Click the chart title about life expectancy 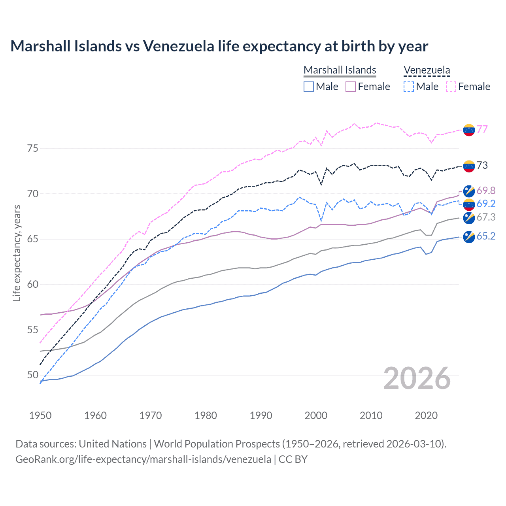[219, 46]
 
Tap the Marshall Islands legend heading [340, 70]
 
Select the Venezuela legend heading [427, 70]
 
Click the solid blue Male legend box [309, 87]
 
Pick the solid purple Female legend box [351, 87]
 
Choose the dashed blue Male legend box [409, 87]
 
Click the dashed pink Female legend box [451, 87]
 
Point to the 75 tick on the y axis [33, 148]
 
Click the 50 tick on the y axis [33, 375]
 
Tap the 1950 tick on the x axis [40, 415]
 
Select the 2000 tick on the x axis [316, 415]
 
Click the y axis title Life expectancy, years [17, 253]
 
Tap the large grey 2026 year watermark [417, 378]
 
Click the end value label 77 [482, 129]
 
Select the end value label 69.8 [486, 191]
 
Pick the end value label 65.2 [486, 236]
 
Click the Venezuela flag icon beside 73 [469, 166]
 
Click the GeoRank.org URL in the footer [143, 459]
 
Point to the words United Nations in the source [113, 444]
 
